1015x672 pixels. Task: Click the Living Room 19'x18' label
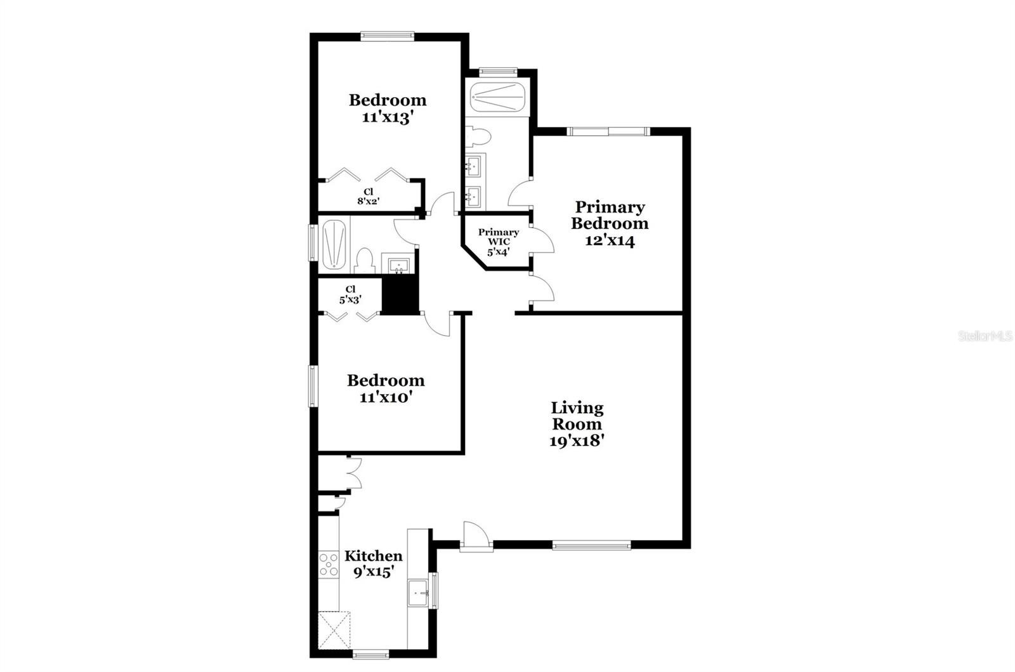coord(577,424)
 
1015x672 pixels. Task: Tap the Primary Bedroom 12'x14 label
coord(610,223)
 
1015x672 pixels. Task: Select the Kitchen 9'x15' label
coord(374,563)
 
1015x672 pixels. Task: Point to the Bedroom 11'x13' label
coord(388,109)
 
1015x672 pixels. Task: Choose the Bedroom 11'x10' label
coord(386,388)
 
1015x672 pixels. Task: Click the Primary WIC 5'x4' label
coord(499,242)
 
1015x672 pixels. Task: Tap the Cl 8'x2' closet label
coord(368,197)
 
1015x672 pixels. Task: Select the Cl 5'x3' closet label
coord(350,294)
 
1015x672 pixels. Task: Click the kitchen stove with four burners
coord(329,565)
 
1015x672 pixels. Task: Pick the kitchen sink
coord(418,593)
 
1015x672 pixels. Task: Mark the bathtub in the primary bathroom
coord(497,97)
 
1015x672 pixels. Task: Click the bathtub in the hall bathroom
coord(334,244)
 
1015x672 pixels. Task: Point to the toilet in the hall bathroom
coord(365,261)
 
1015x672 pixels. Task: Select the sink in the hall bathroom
coord(399,265)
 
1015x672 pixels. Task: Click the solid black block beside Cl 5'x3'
coord(400,295)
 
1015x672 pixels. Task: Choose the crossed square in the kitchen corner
coord(334,630)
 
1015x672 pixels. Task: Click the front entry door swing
coord(476,536)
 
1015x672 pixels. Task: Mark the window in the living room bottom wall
coord(591,545)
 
